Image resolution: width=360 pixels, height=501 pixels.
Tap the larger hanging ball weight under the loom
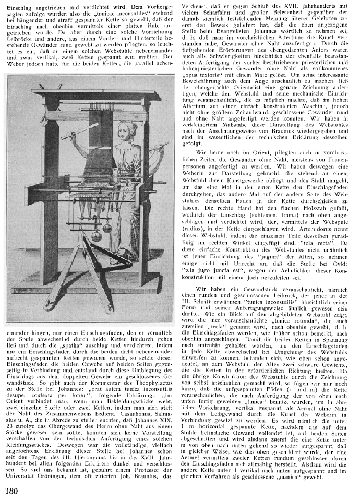(97, 236)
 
